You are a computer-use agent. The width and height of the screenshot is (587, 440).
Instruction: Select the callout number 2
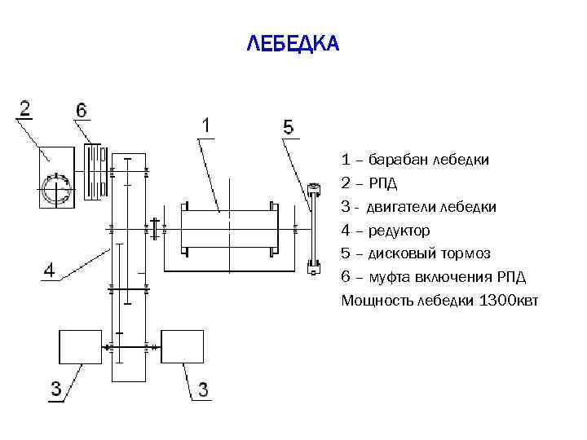[x=25, y=108]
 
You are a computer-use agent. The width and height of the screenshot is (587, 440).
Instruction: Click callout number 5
[x=288, y=128]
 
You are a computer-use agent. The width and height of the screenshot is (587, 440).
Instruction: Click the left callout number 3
[x=55, y=390]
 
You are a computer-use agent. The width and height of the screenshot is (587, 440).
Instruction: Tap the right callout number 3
[x=201, y=390]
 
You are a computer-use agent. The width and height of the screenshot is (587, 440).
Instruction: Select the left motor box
[x=80, y=346]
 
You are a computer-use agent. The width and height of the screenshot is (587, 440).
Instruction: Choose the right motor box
[x=182, y=346]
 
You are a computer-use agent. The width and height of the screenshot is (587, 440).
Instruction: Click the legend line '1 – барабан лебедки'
[x=415, y=160]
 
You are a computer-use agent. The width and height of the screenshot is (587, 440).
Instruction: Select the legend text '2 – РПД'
[x=374, y=183]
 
